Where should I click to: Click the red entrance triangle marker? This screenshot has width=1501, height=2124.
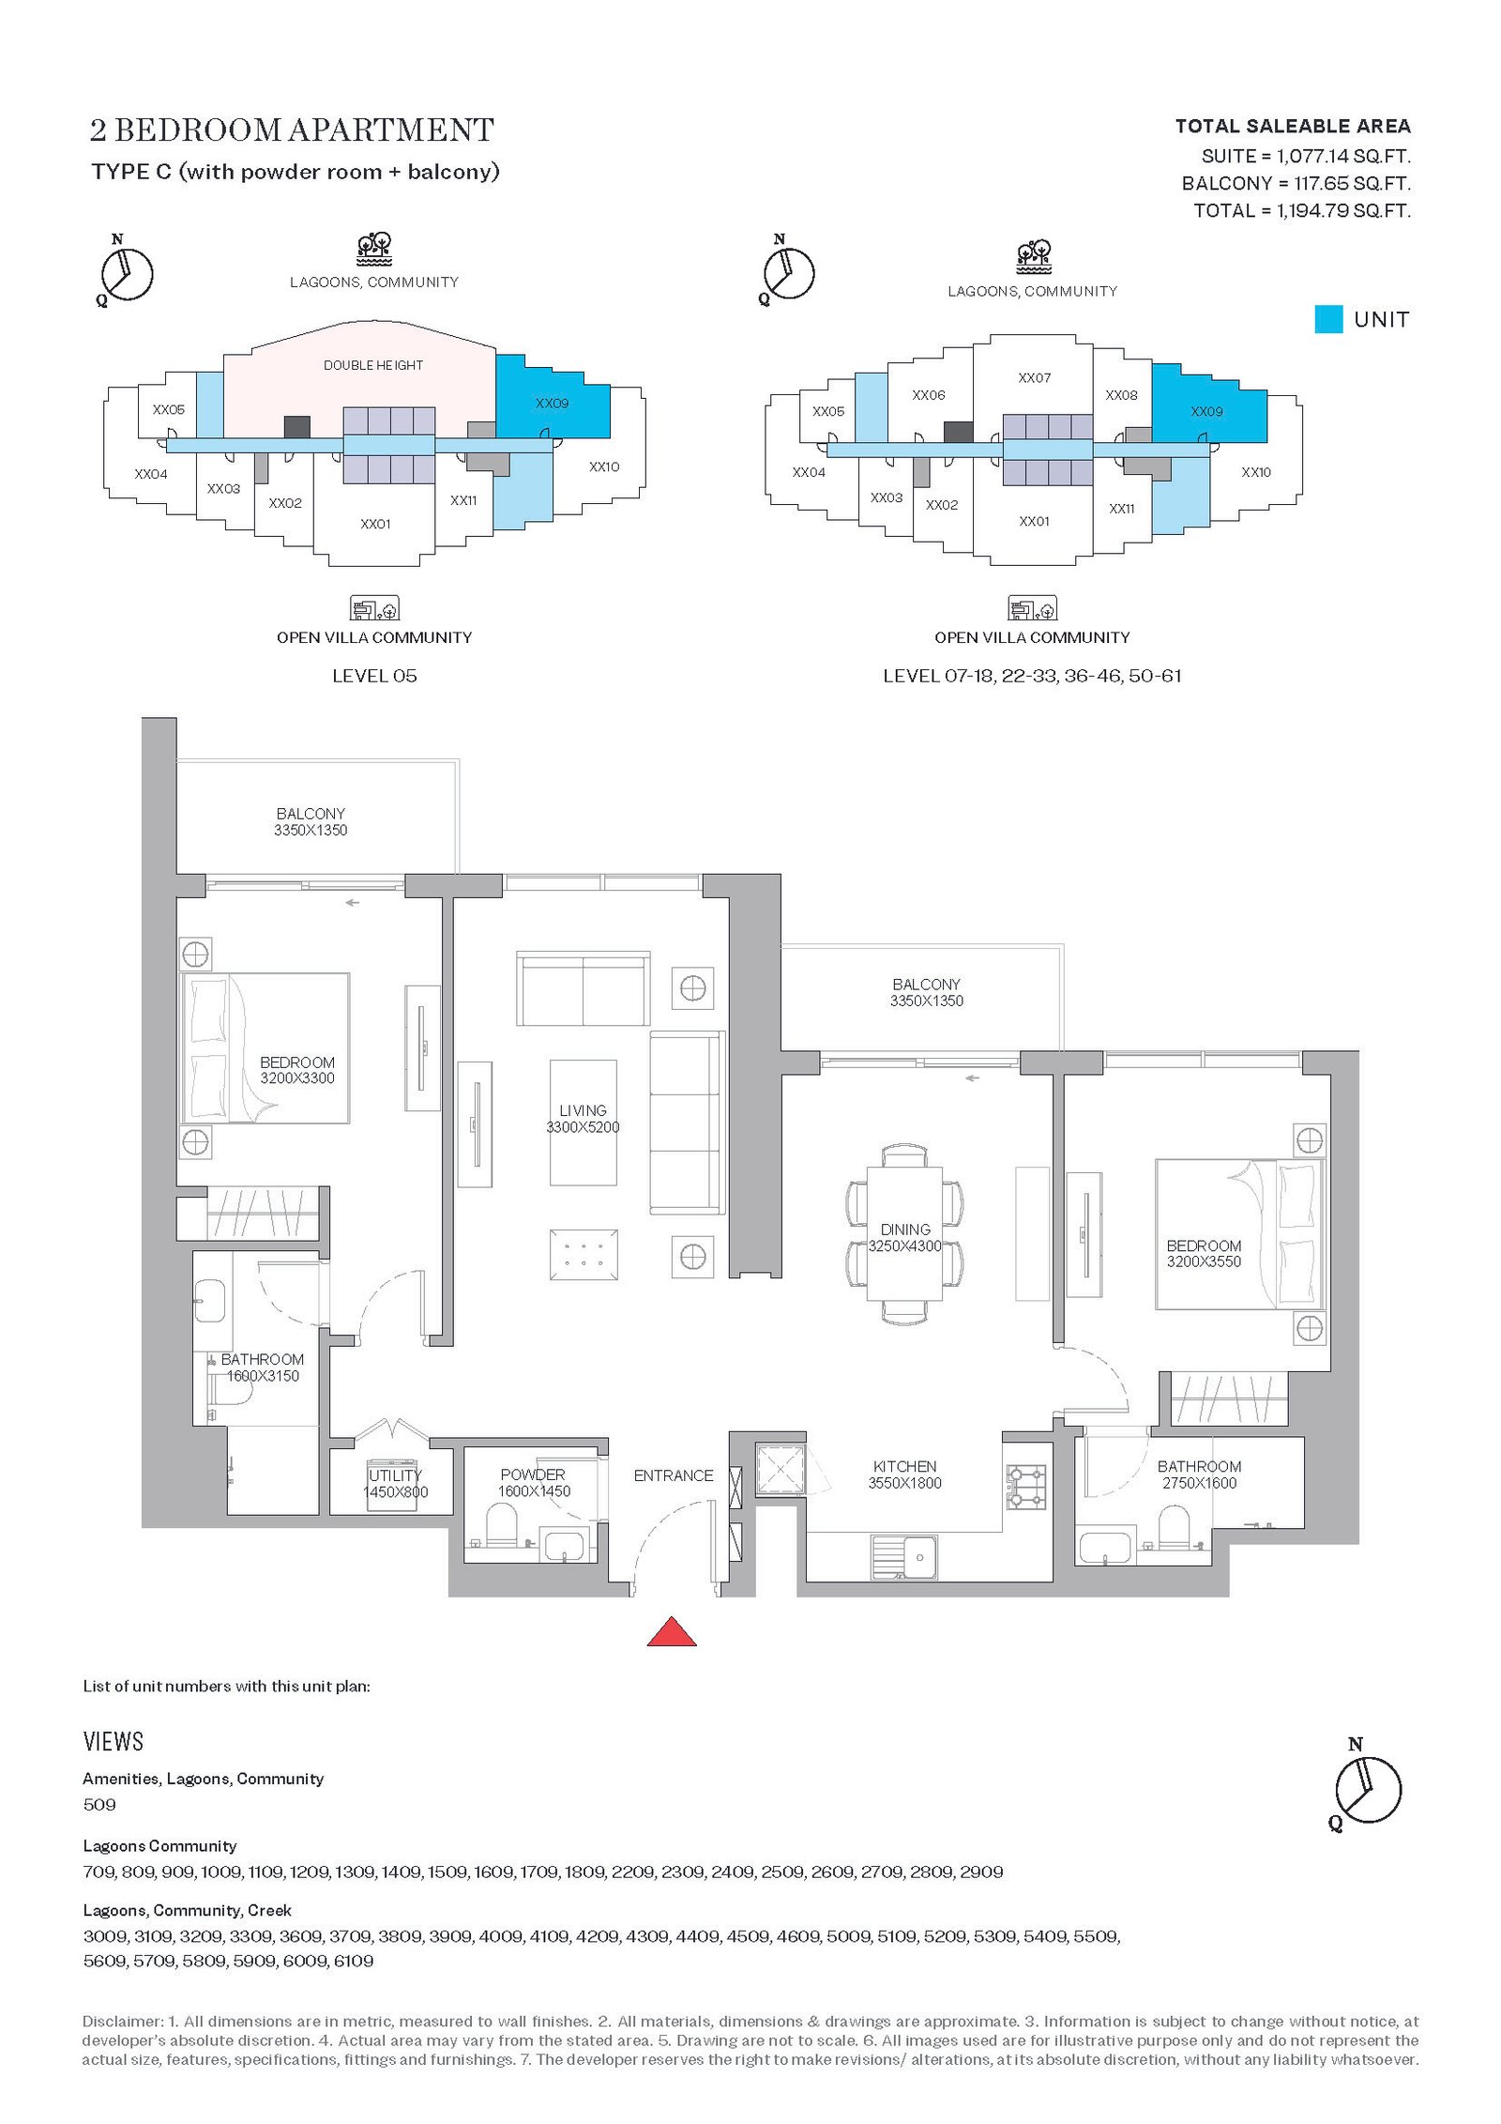(672, 1632)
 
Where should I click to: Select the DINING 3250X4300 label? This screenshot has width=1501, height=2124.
(904, 1238)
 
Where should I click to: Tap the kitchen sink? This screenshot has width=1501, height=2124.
(904, 1557)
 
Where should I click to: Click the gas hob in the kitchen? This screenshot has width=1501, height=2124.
(1025, 1487)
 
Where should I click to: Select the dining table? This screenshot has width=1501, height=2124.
(904, 1232)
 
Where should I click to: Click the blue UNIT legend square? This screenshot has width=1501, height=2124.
(1328, 319)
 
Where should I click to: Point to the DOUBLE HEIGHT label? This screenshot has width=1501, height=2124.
(373, 365)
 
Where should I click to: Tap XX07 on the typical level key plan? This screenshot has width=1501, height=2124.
(1035, 378)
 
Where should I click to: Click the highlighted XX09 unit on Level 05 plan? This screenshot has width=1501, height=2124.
(552, 403)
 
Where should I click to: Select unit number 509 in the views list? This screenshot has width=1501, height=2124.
(99, 1804)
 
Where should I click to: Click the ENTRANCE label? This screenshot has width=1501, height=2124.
(674, 1475)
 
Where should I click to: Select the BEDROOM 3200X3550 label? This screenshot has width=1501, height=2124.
(1204, 1253)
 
